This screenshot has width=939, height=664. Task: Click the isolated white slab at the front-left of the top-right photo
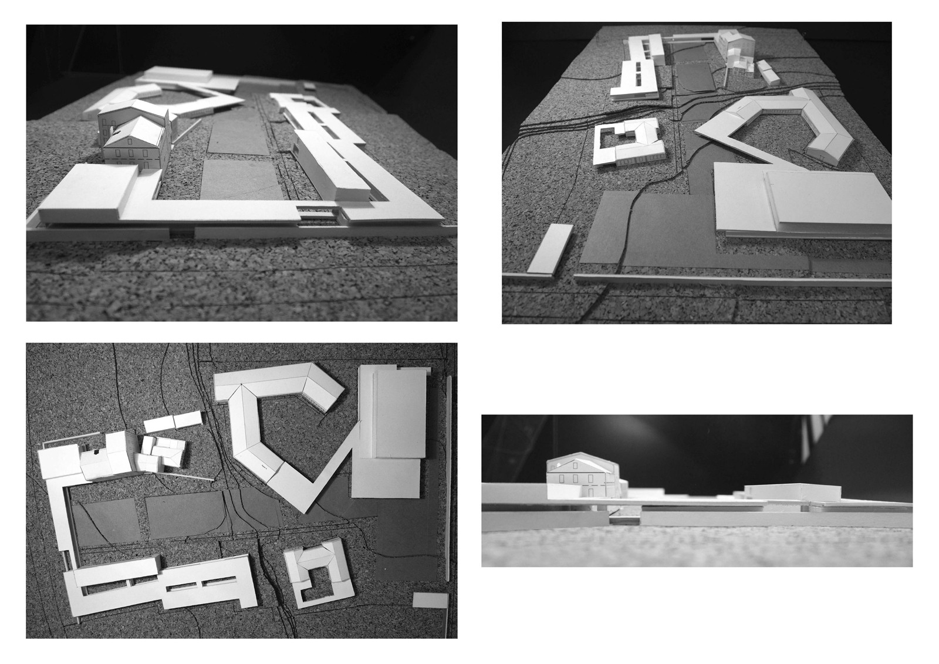(550, 248)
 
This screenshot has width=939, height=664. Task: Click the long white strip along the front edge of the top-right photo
(728, 279)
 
